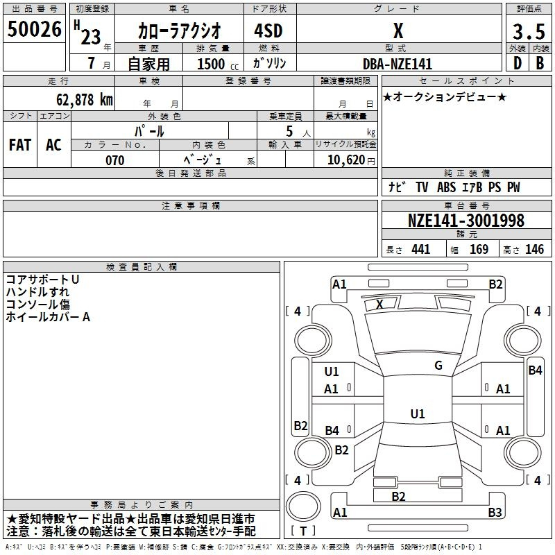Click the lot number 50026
[x=34, y=30]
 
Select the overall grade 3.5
[x=528, y=31]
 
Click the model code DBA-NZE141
[x=398, y=64]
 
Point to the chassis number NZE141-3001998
[x=466, y=221]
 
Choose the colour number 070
[x=114, y=160]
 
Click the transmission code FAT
[x=19, y=144]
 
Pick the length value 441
[x=420, y=250]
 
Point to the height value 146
[x=534, y=250]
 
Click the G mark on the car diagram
[x=438, y=366]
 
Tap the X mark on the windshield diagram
[x=379, y=304]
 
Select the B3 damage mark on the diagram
[x=495, y=513]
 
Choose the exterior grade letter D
[x=517, y=64]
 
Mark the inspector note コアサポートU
[x=42, y=279]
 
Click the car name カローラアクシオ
[x=179, y=31]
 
